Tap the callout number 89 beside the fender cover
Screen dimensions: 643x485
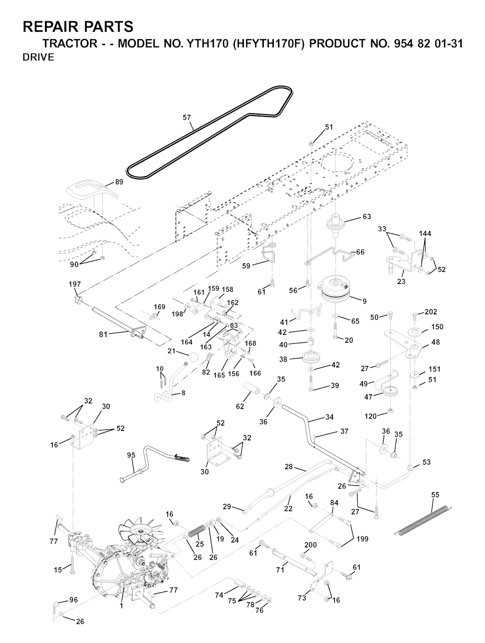point(119,182)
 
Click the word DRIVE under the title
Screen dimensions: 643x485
point(38,57)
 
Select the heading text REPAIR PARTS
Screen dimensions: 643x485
point(78,27)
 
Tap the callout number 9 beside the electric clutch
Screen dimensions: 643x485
point(364,301)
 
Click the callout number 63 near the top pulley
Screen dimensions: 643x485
point(367,217)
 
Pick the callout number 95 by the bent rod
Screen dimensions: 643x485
point(131,455)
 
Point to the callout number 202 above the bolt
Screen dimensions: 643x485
point(431,312)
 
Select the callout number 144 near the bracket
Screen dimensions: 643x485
point(425,233)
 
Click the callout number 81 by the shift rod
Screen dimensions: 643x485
point(103,334)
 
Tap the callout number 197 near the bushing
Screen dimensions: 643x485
point(75,284)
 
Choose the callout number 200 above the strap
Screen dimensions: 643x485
point(310,545)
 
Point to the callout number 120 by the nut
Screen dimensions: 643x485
point(371,416)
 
